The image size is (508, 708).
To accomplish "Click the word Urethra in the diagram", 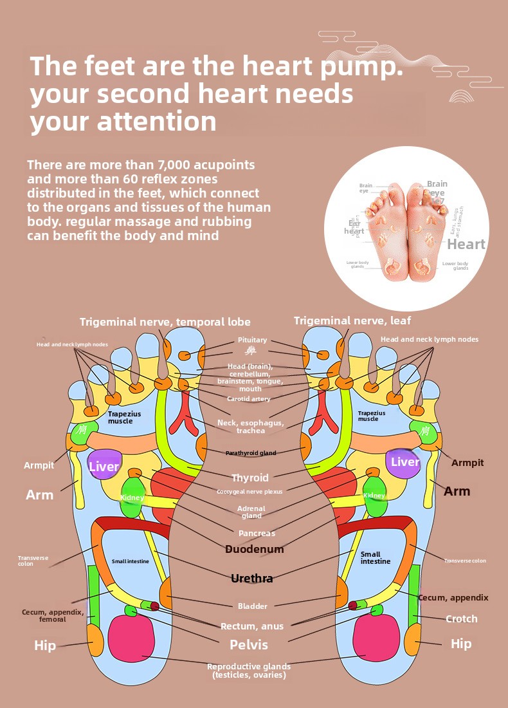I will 252,579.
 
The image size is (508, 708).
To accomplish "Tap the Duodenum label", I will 254,549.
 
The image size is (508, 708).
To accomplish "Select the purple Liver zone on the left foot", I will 104,466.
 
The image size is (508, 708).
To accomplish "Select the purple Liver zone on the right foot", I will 404,462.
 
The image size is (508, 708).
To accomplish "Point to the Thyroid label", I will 250,478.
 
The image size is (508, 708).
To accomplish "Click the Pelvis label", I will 249,644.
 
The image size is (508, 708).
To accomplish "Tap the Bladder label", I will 252,606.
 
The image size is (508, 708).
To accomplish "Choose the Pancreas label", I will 257,533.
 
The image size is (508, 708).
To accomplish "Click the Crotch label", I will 462,619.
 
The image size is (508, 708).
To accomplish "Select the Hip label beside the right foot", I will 461,644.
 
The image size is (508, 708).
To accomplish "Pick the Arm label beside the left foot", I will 40,495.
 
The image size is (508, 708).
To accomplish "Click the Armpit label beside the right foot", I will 467,463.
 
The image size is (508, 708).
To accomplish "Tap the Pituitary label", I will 252,340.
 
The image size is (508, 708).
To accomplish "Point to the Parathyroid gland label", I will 251,453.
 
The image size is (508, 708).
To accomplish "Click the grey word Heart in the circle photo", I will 466,244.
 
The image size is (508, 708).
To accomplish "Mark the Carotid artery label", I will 249,399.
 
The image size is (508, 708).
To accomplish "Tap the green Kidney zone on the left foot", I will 132,496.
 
